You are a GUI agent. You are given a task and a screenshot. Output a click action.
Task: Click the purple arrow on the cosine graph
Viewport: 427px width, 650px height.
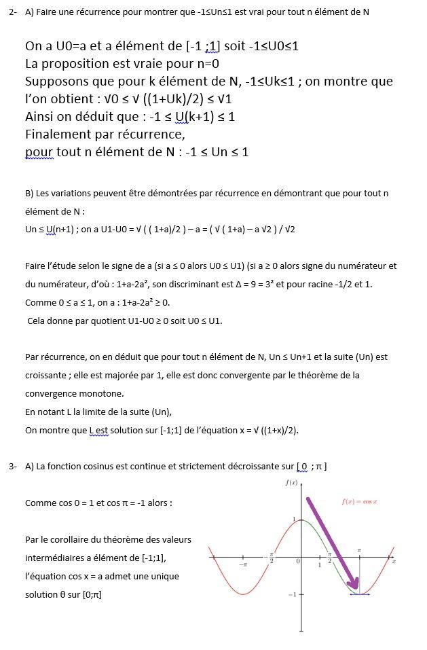tap(331, 543)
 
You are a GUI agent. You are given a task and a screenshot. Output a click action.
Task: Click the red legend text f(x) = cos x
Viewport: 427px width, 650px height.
tap(358, 501)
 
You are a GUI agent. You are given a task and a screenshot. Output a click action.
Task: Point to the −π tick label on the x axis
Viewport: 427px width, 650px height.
tap(243, 565)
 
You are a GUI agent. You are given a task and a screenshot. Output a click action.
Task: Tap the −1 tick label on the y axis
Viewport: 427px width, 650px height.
tap(291, 595)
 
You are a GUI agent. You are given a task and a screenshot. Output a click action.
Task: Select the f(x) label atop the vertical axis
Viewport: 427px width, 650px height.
tap(293, 482)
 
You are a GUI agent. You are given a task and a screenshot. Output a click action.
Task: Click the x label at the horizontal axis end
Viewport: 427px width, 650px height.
tap(394, 561)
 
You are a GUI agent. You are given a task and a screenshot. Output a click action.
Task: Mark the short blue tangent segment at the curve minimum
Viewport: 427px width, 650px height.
tap(359, 594)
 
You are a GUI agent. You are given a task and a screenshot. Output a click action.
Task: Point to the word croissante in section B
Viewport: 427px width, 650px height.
tap(45, 375)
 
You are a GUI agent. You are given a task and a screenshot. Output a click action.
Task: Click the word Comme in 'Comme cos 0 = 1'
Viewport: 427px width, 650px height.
tap(39, 503)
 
